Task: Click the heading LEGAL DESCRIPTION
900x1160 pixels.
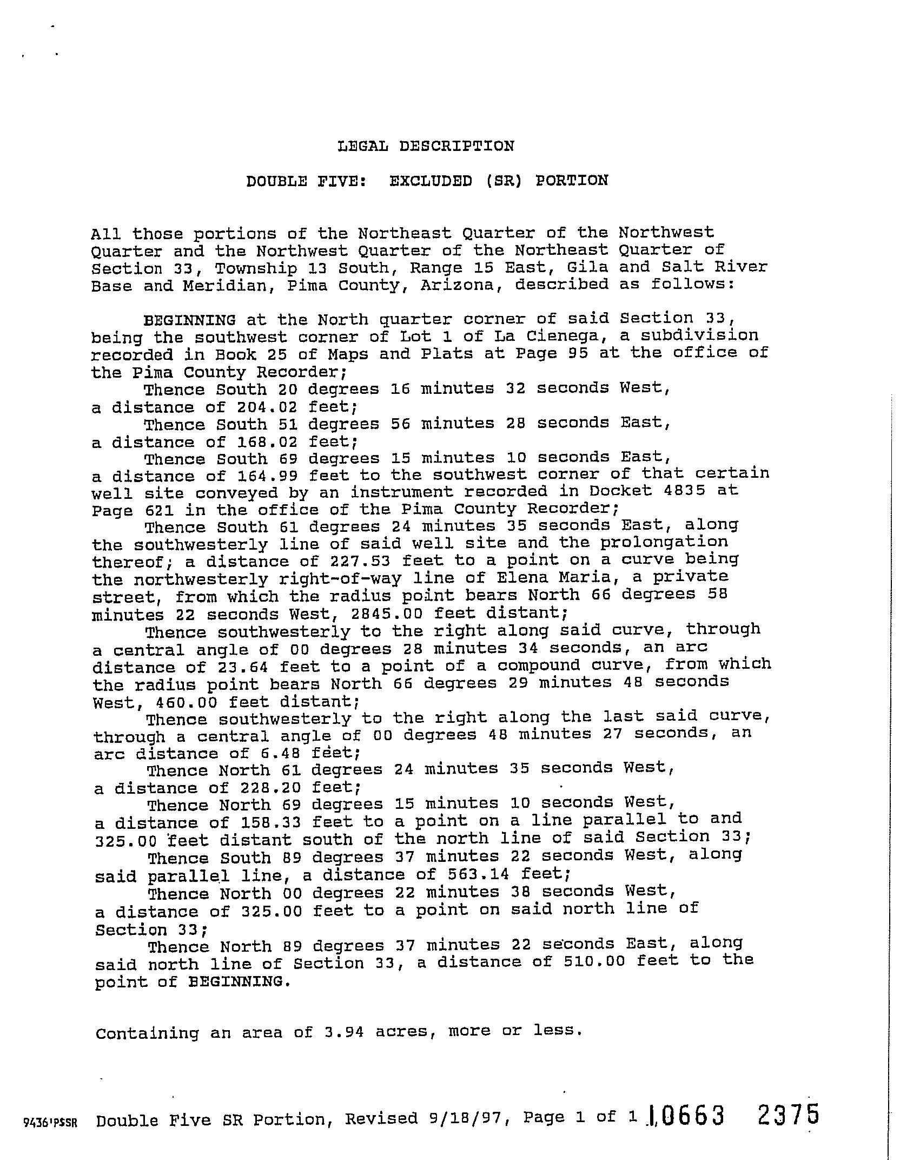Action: (426, 146)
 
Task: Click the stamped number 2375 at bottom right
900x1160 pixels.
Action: (789, 1116)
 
